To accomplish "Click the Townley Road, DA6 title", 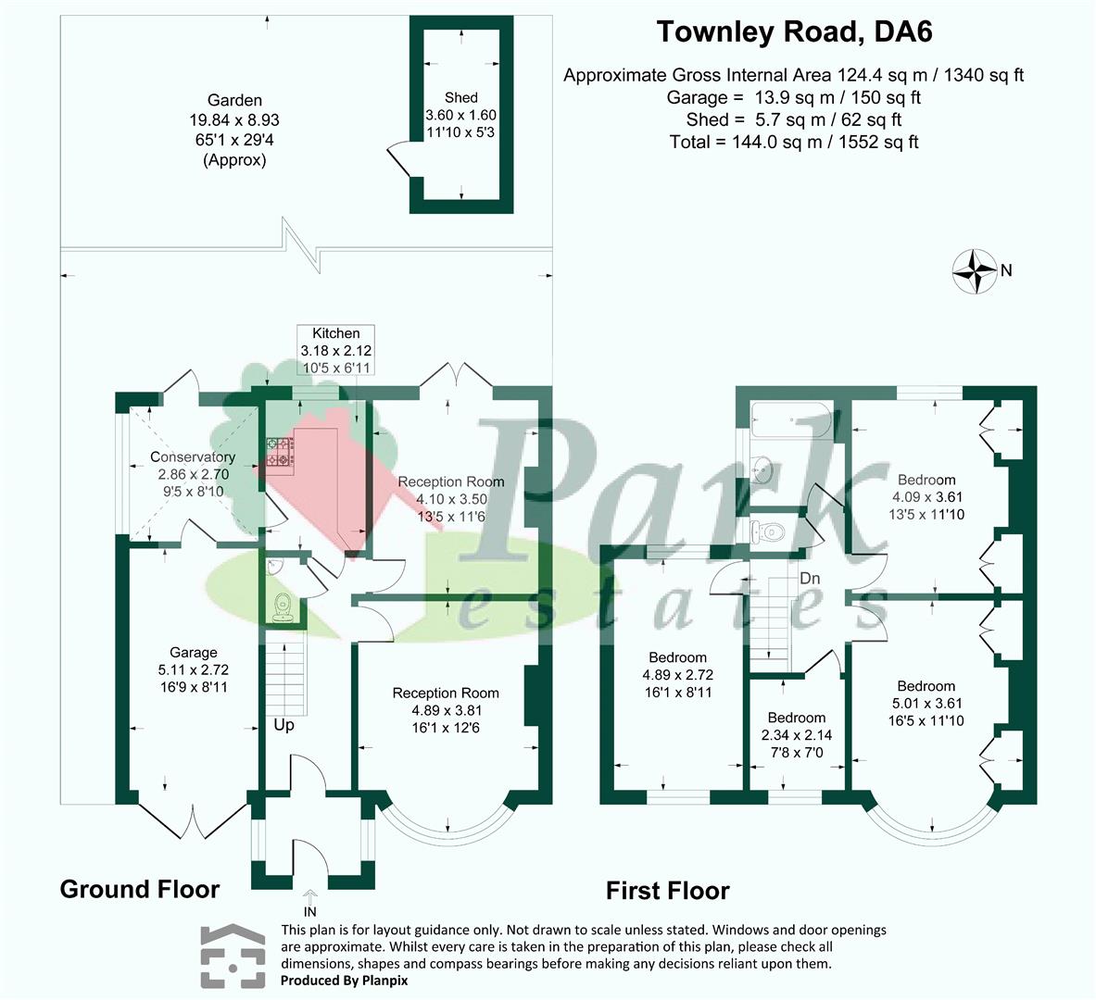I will pos(794,32).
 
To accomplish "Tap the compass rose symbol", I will pos(976,271).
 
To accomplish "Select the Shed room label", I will pos(460,97).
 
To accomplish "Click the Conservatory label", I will pos(193,457).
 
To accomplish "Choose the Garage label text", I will pos(193,653).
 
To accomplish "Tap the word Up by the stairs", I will pos(283,725).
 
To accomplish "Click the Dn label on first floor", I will pos(810,579).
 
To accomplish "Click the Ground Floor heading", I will pos(140,890).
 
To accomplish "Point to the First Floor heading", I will pos(667,891).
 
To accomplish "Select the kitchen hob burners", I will pos(279,452).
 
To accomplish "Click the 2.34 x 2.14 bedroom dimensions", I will pos(796,734).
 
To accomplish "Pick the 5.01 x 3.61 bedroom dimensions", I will pos(926,703).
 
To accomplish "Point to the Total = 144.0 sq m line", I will pos(794,142).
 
